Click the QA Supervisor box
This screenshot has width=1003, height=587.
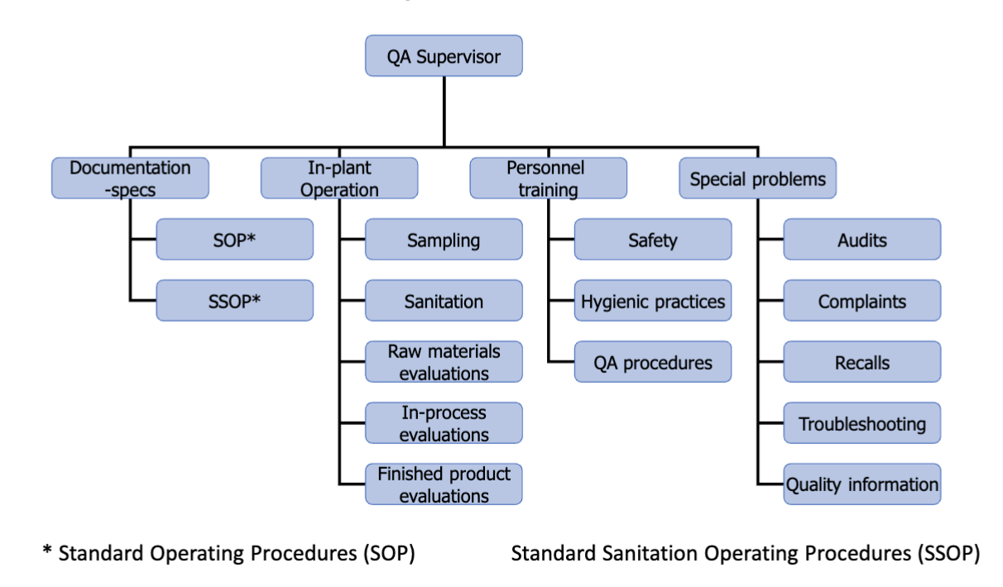tap(444, 56)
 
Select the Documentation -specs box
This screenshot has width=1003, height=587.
tap(130, 178)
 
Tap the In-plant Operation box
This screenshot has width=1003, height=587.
tap(339, 178)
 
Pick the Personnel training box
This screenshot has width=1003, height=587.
tap(549, 178)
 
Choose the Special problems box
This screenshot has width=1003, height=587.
tap(757, 178)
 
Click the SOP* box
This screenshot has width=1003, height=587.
tap(235, 240)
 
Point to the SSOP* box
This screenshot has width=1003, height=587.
tap(235, 301)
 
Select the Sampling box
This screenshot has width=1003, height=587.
tap(444, 240)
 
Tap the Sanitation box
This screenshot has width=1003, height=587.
tap(444, 301)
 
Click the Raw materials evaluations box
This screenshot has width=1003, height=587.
tap(444, 362)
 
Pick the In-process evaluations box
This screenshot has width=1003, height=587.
tap(444, 423)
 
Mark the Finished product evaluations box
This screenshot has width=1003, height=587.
tap(444, 484)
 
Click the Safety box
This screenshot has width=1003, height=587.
tap(653, 240)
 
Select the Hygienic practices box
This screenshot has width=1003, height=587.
tap(653, 301)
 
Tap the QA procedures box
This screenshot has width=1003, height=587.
tap(653, 362)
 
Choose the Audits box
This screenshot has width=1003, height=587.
tap(862, 240)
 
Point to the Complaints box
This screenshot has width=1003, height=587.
tap(862, 301)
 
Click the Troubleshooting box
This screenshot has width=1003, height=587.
tap(862, 423)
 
